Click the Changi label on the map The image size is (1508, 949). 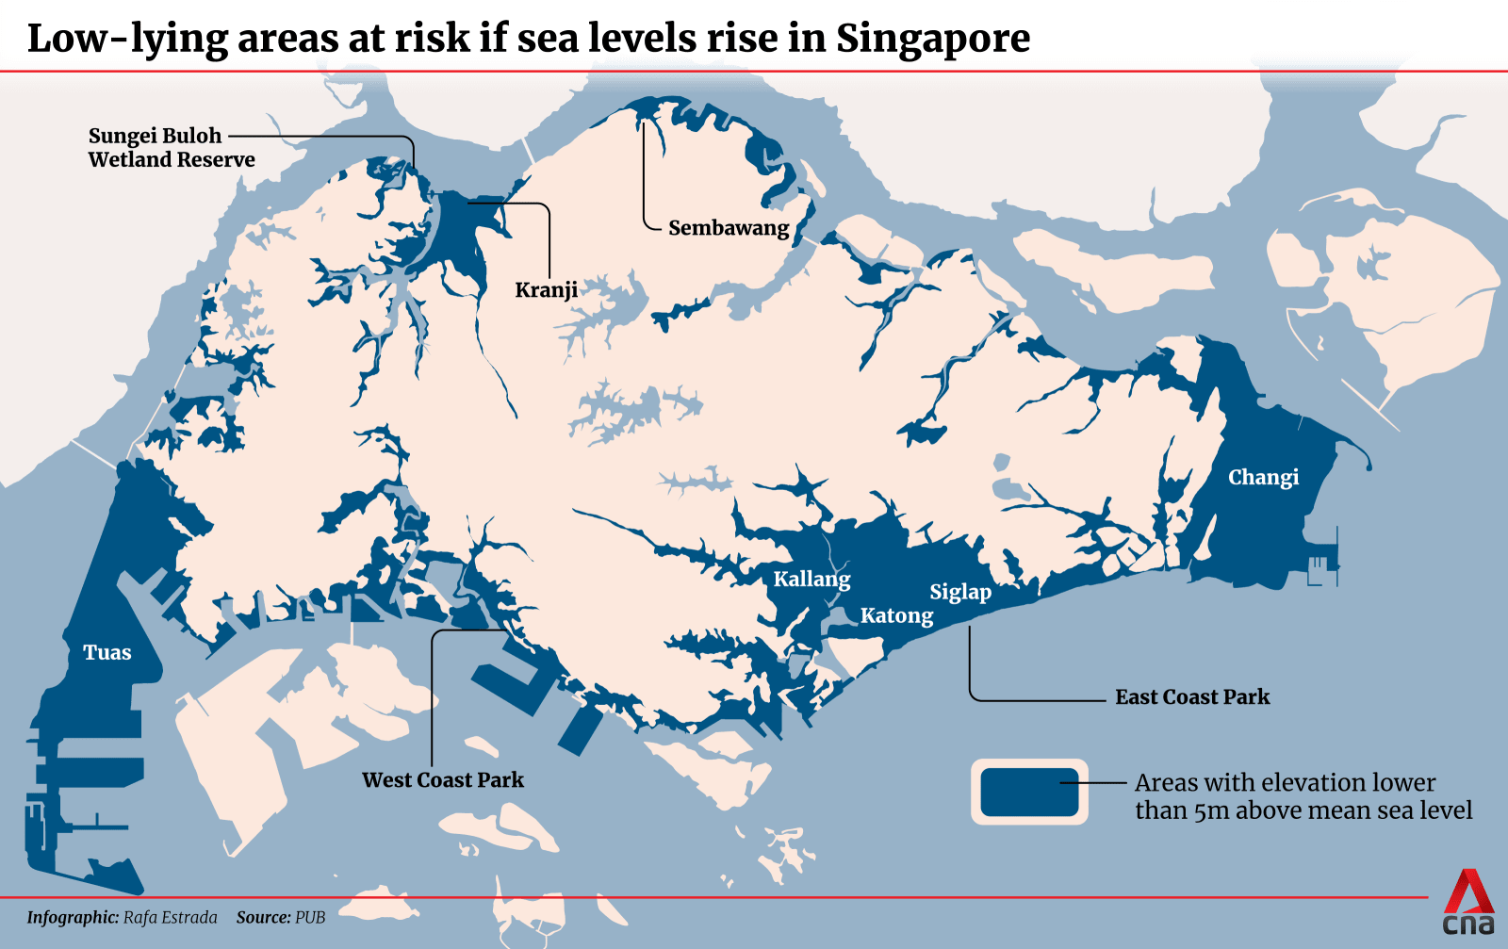(x=1263, y=478)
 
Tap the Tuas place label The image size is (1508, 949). (x=107, y=652)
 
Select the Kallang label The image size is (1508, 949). (x=811, y=579)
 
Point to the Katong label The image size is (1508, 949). (x=896, y=616)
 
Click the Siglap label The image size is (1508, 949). (x=960, y=592)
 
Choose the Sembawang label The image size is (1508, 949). (x=729, y=228)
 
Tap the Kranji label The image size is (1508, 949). (x=546, y=290)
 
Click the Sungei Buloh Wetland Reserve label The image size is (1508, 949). (x=172, y=148)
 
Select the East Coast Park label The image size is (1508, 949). (x=1192, y=697)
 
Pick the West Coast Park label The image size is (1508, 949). (x=443, y=780)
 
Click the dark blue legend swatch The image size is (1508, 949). (x=1029, y=792)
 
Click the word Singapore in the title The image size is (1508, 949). (x=932, y=38)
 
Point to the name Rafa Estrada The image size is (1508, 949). (x=170, y=918)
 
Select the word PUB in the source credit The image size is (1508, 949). (x=310, y=918)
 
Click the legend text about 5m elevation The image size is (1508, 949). (x=1303, y=796)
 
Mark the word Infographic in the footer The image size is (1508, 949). (x=73, y=918)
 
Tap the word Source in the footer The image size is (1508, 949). (x=263, y=918)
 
